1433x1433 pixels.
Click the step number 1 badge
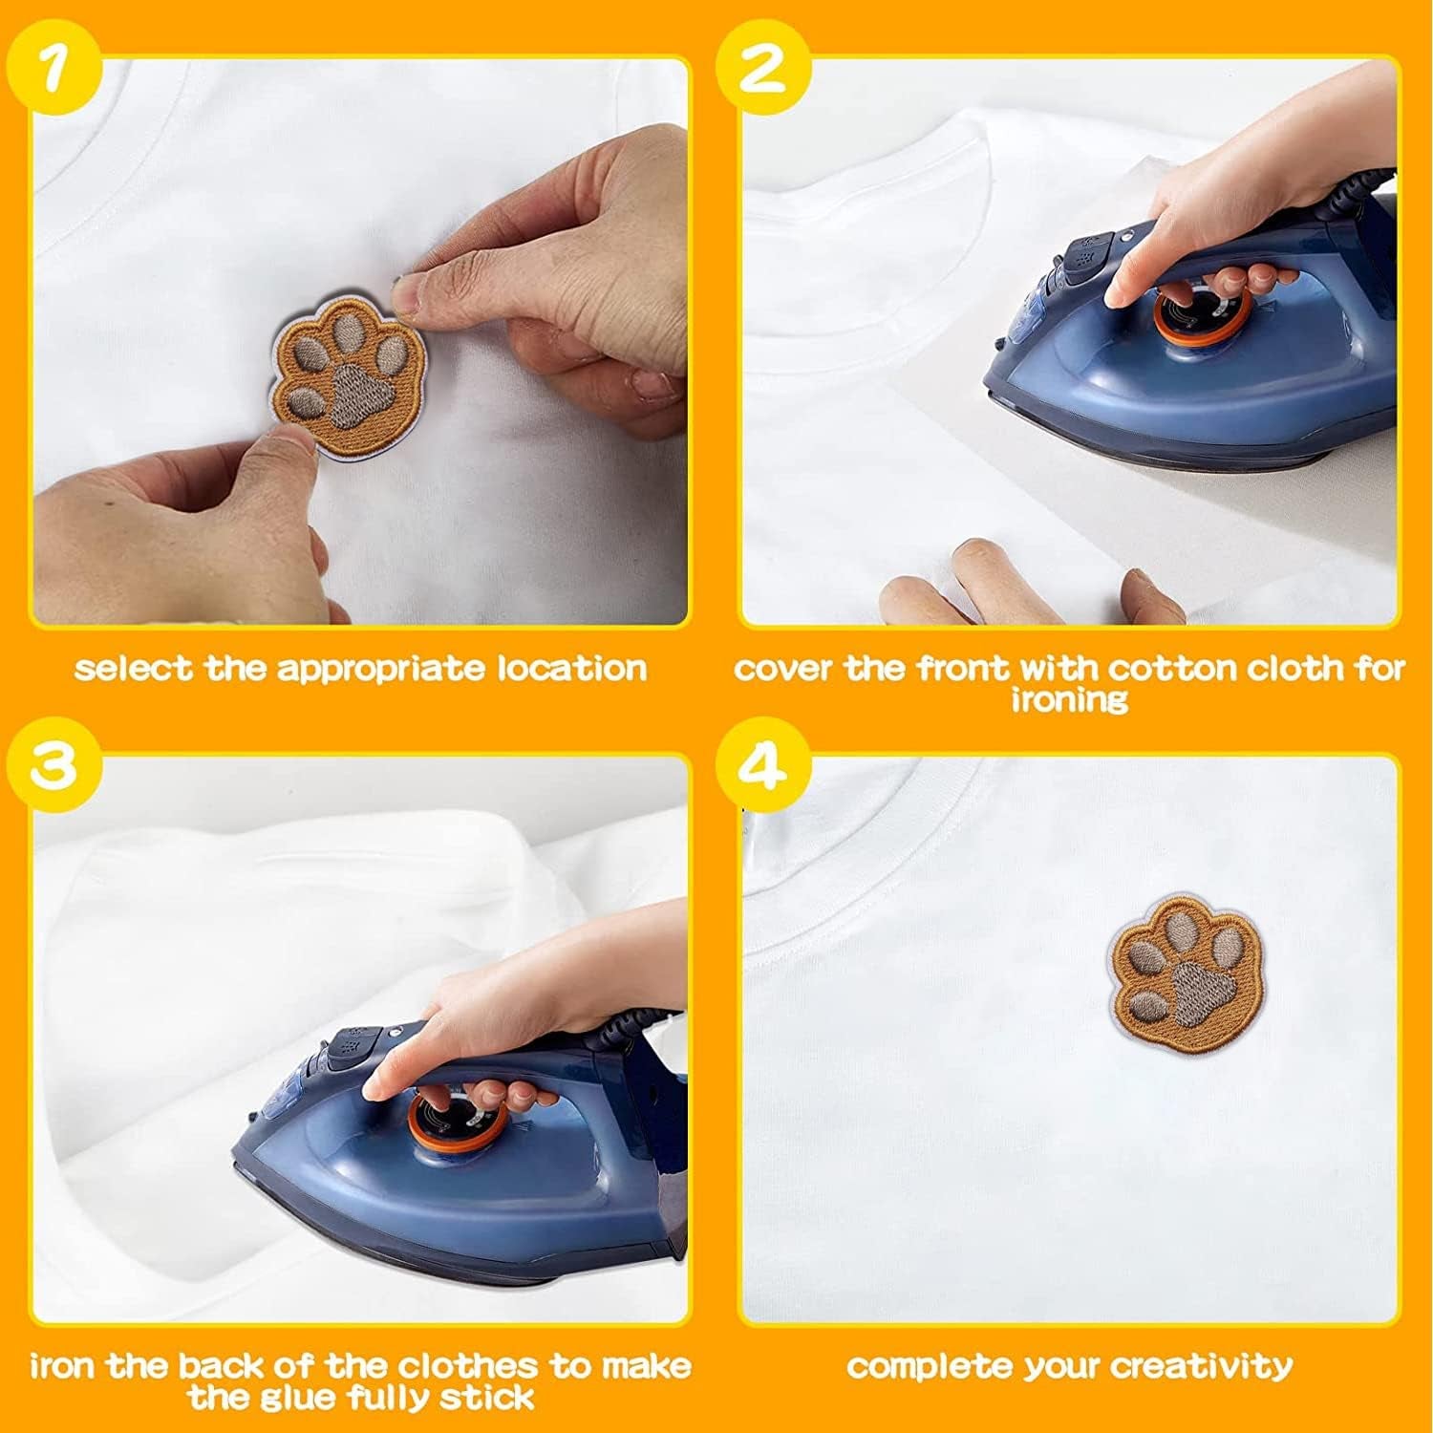pyautogui.click(x=53, y=73)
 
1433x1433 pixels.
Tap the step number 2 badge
pyautogui.click(x=761, y=73)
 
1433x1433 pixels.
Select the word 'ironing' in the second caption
pyautogui.click(x=1069, y=699)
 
